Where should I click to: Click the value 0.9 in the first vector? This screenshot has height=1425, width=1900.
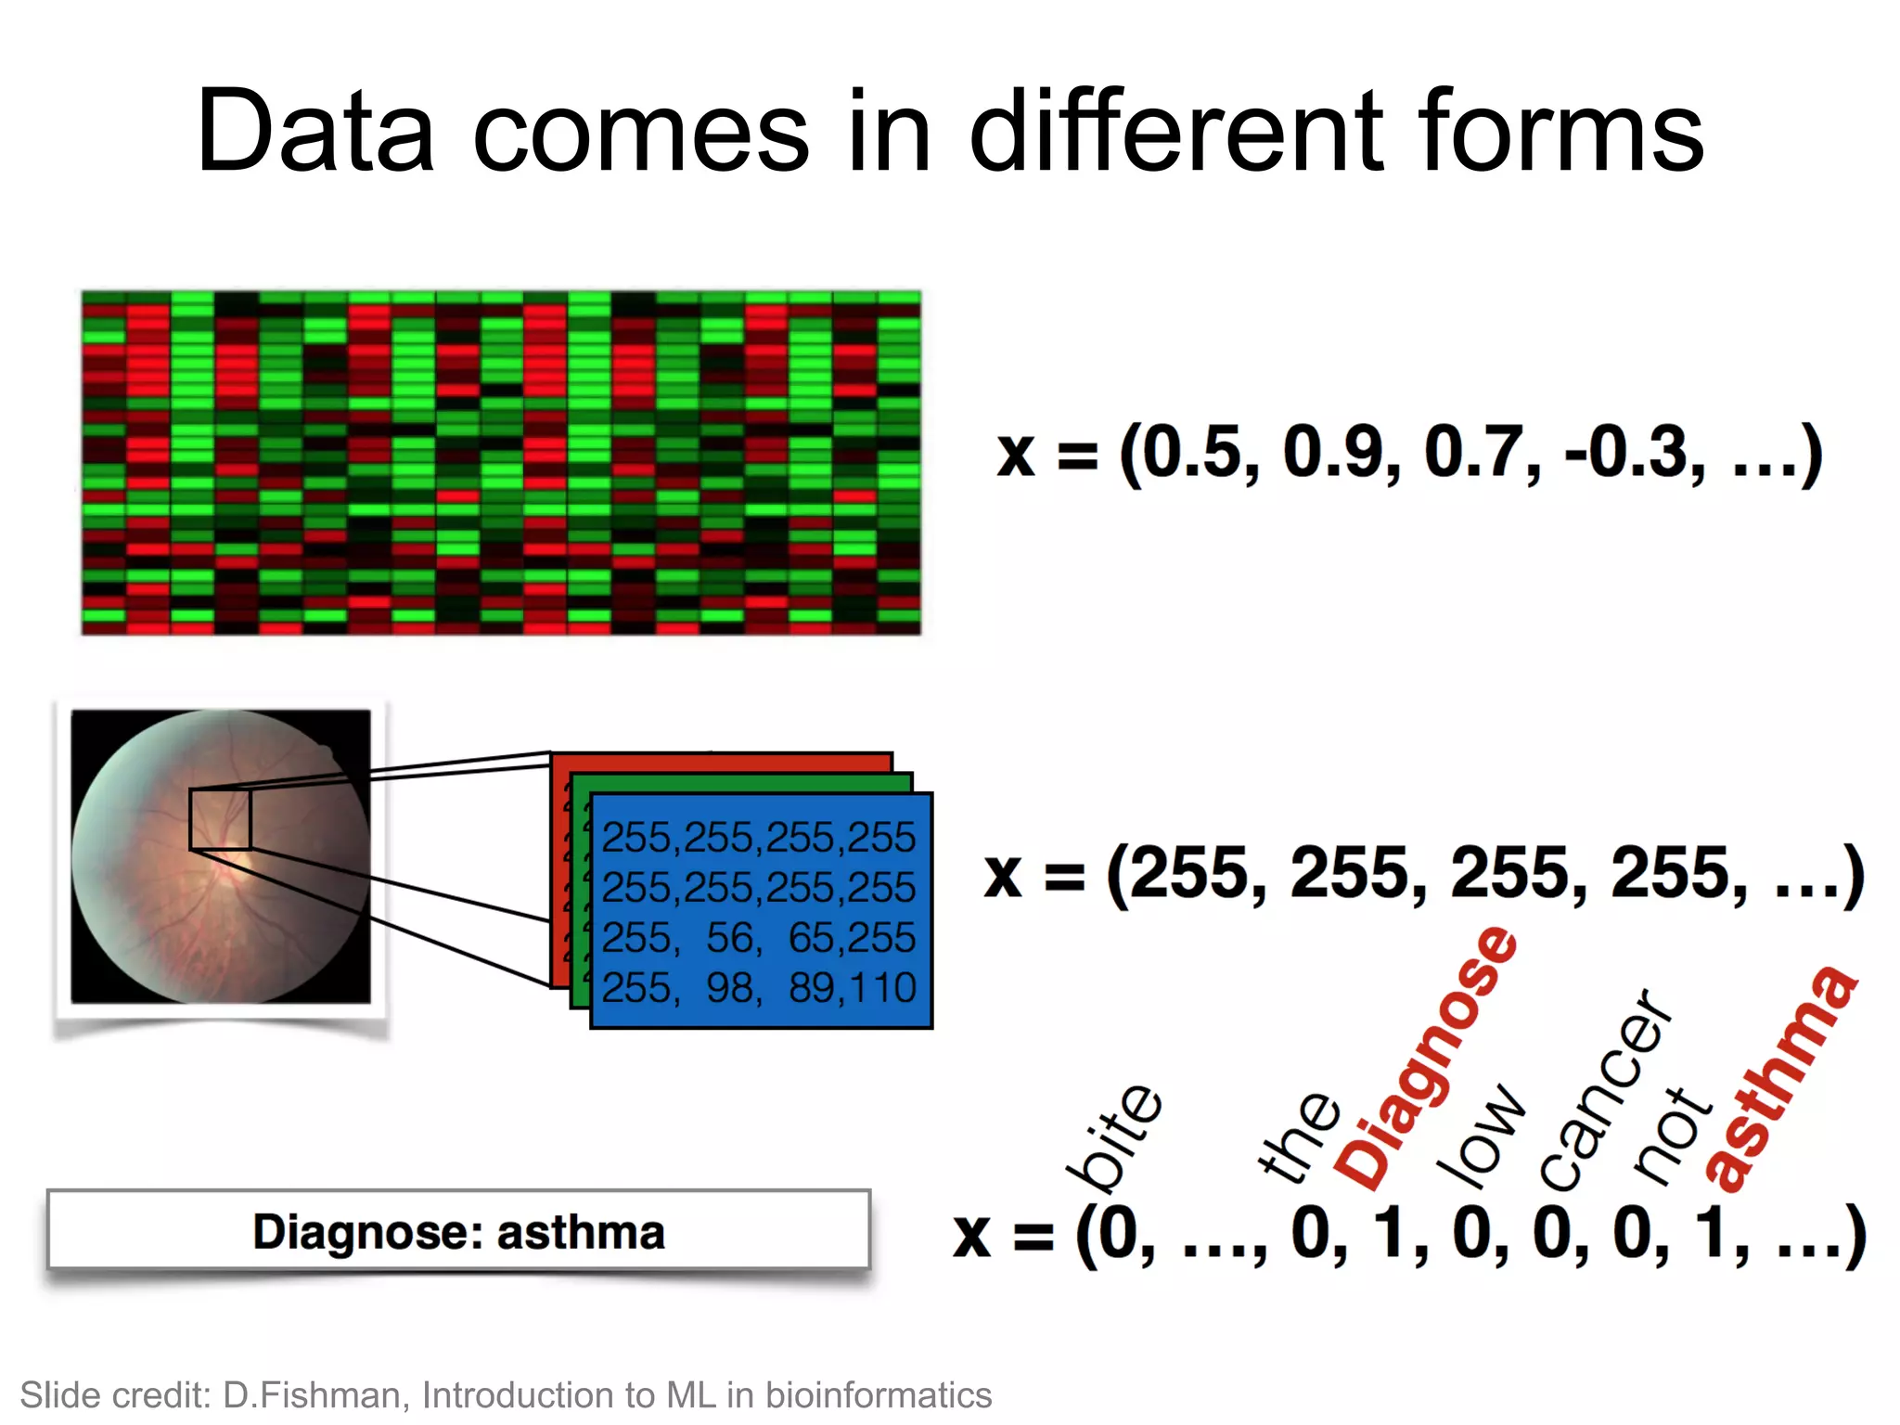1336,453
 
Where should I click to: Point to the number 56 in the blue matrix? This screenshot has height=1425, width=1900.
732,938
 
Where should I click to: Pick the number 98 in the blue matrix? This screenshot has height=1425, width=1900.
732,988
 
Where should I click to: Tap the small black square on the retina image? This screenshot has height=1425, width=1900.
220,819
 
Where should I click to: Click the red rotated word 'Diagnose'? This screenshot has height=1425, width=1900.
1426,1058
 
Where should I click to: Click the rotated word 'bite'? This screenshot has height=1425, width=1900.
1113,1137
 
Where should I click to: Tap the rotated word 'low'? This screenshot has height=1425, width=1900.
1480,1136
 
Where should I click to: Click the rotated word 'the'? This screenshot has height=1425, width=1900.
1300,1138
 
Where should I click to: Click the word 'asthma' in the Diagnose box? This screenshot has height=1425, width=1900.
581,1233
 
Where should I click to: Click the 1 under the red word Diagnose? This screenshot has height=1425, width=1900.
1389,1235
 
